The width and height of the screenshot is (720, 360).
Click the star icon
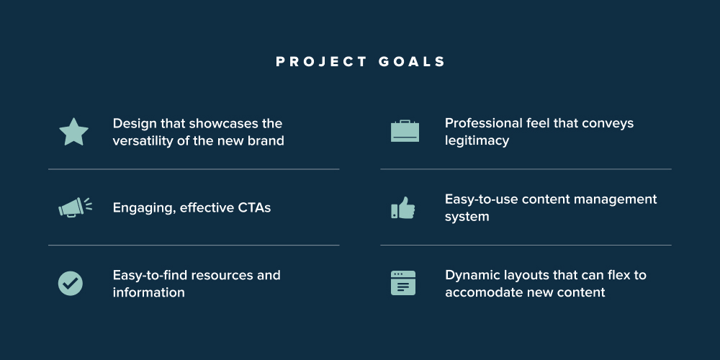coord(73,132)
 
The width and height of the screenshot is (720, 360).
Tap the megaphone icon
coord(75,207)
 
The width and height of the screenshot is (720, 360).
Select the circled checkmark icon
coord(71,283)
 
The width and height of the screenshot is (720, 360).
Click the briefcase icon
coord(405,131)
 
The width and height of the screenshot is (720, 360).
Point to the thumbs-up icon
coord(403,207)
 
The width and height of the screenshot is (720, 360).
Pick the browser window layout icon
coord(403,283)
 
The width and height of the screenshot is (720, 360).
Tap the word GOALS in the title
coord(412,62)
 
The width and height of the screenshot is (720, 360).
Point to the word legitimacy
coord(477,140)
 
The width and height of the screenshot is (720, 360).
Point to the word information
coord(149,292)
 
